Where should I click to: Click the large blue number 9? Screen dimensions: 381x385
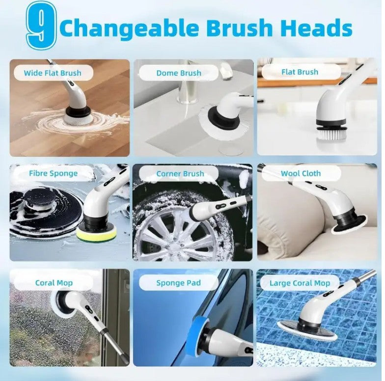41,26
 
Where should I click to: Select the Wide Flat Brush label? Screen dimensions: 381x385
53,73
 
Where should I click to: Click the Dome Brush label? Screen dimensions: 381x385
179,73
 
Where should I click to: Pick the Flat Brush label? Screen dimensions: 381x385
300,72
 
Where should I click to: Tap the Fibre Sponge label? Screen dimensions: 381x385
53,173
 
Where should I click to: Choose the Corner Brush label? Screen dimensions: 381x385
180,173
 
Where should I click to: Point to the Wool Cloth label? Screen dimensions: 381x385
301,173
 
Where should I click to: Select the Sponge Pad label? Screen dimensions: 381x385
179,283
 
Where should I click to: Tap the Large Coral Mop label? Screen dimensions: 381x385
300,283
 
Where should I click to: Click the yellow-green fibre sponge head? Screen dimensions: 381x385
96,234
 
